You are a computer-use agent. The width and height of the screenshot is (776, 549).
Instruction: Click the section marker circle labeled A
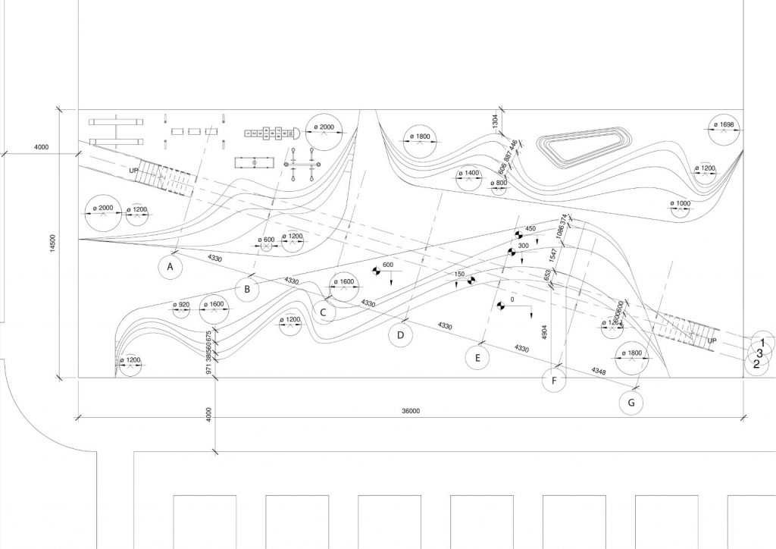click(x=171, y=266)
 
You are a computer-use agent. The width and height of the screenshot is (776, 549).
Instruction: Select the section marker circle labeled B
click(x=247, y=288)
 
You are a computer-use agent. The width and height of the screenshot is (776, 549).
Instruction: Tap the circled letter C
click(x=323, y=312)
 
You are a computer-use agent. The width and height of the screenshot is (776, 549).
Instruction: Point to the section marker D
click(x=401, y=334)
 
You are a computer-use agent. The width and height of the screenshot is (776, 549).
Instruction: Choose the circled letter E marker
click(x=477, y=357)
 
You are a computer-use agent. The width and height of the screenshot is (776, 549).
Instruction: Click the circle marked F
click(x=555, y=380)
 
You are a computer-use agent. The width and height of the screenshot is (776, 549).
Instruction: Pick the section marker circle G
click(x=631, y=402)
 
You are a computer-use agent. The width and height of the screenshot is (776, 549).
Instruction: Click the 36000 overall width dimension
click(x=411, y=411)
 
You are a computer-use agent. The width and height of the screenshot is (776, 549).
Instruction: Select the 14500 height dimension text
click(x=52, y=243)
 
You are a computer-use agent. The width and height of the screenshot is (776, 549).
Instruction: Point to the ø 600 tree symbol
click(x=267, y=244)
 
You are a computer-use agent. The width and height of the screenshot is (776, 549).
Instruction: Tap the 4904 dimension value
click(x=544, y=333)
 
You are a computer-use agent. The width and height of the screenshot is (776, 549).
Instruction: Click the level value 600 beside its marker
click(x=388, y=265)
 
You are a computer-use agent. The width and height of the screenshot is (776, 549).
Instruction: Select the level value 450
click(x=530, y=229)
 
